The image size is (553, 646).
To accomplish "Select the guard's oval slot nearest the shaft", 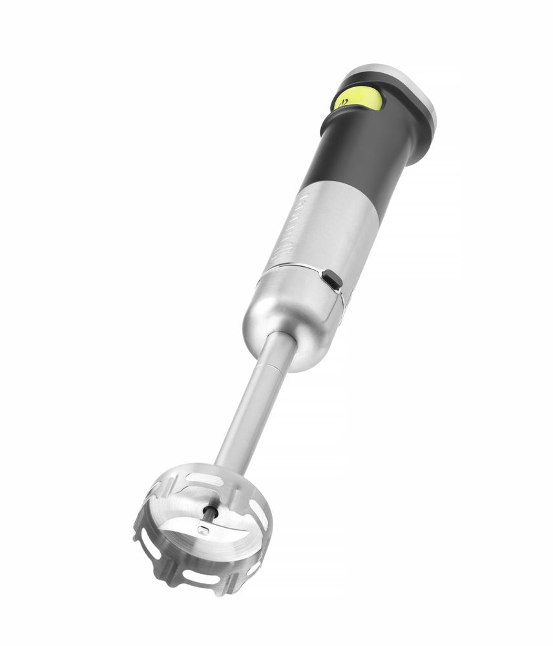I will coord(203,479).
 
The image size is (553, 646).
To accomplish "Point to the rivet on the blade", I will coord(203,531).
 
